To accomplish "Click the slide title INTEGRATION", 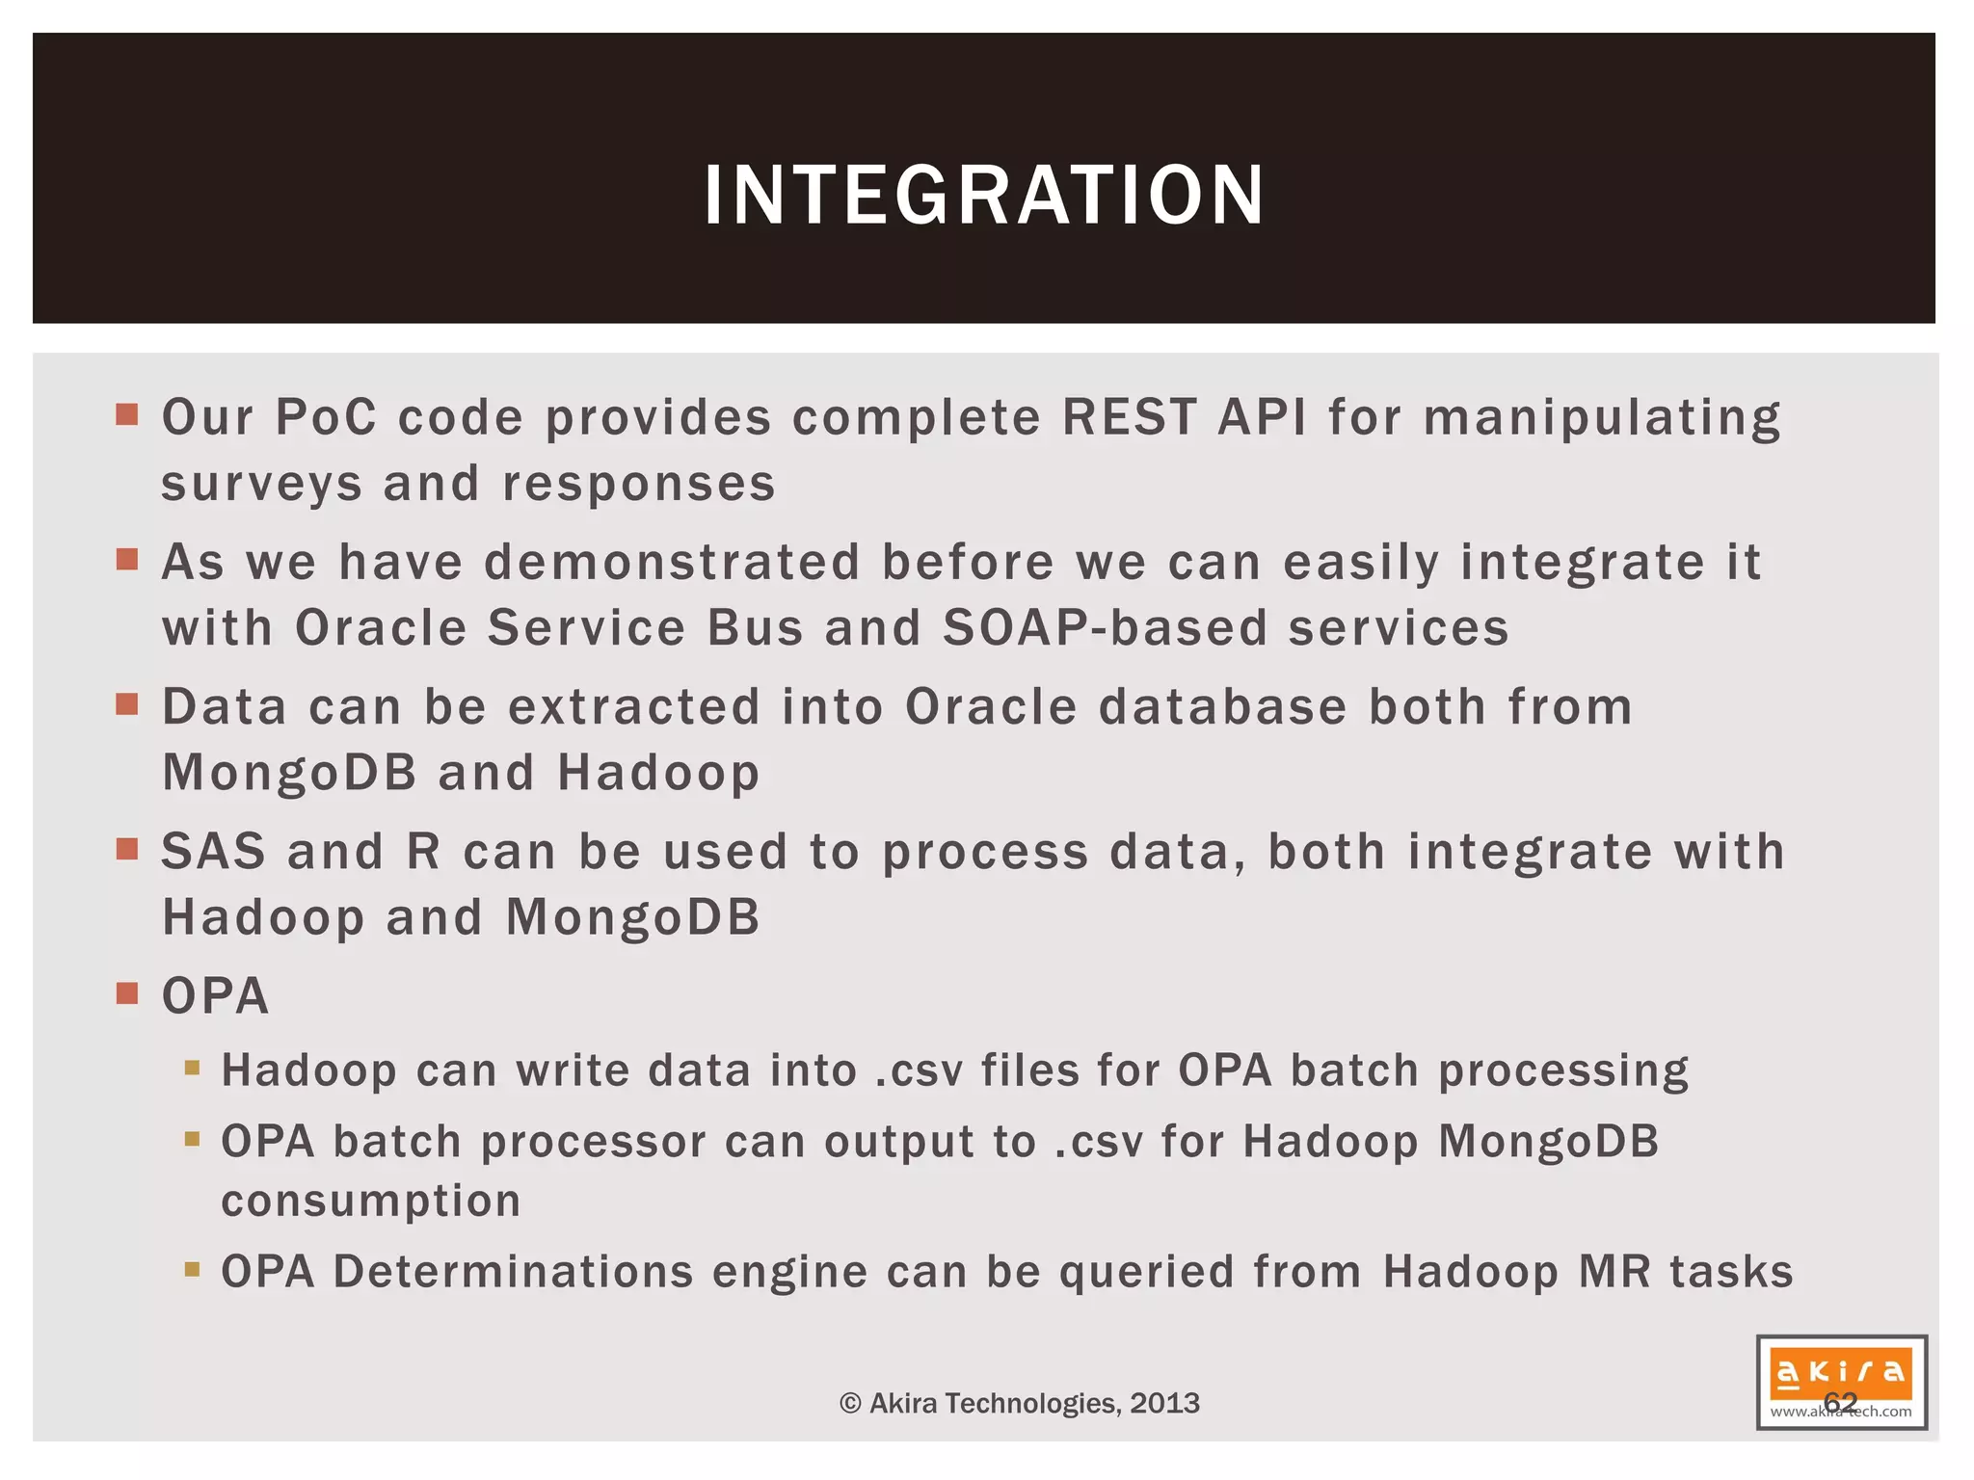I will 984,196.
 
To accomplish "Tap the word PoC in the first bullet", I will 326,418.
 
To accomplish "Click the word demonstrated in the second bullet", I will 672,563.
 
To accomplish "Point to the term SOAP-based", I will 1105,628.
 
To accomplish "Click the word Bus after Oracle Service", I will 755,628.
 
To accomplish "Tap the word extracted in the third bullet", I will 634,707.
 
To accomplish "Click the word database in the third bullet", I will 1222,707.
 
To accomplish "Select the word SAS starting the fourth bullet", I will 213,852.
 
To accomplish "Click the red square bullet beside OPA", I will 127,993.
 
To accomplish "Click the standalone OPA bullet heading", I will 215,996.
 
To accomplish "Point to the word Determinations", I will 513,1272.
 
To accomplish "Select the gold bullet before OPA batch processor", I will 192,1140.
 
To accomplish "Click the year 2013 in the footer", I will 1164,1403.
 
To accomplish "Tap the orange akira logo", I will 1840,1372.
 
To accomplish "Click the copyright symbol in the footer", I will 849,1404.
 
